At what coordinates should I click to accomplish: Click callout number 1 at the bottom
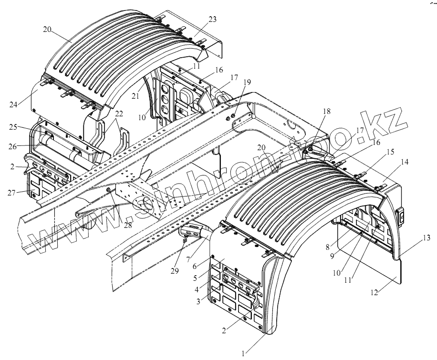[243, 353]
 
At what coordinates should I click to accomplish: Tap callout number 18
[326, 111]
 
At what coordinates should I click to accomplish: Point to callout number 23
[212, 20]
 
